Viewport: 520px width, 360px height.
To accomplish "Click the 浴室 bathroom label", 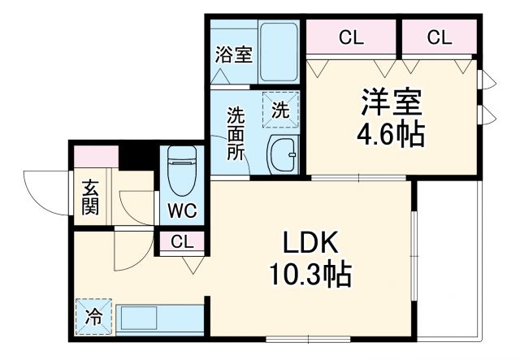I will tap(233, 55).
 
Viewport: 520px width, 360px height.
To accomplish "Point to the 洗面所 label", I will tap(236, 134).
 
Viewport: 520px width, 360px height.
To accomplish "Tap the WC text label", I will tap(180, 211).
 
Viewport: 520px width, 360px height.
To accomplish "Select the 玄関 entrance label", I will tap(89, 197).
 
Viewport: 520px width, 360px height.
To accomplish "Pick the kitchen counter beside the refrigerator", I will tap(158, 317).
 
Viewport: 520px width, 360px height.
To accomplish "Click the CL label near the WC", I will tap(181, 241).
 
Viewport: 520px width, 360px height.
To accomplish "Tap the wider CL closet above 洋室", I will tap(351, 37).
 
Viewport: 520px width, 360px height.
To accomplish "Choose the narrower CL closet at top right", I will tap(439, 37).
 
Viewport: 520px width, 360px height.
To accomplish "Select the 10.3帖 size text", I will tap(310, 276).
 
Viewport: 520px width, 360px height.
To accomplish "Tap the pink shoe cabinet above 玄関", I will tap(96, 158).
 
